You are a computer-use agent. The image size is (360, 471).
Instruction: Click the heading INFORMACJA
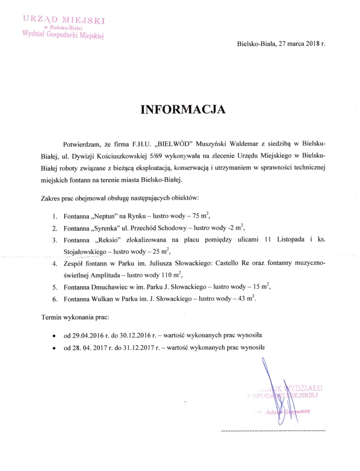(183, 110)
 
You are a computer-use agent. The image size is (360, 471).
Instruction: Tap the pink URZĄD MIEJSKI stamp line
(64, 20)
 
